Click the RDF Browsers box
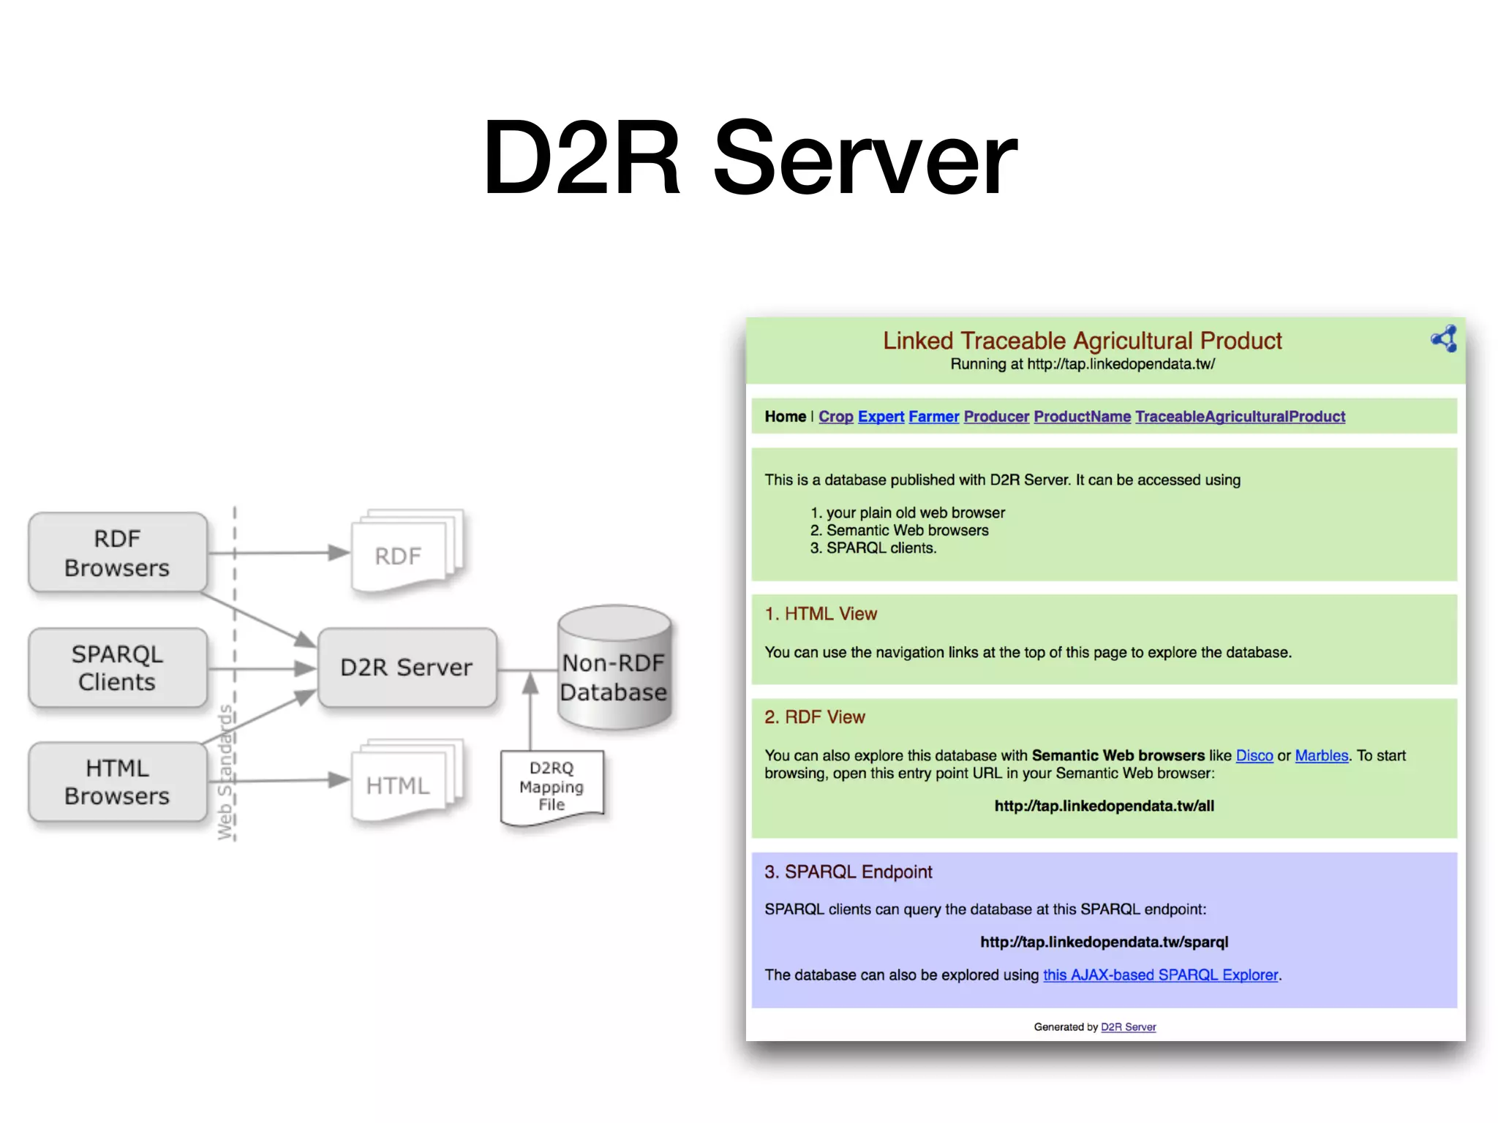(117, 553)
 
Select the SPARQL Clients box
(117, 668)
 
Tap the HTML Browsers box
(117, 782)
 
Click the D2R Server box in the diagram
(407, 668)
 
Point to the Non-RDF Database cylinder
(614, 669)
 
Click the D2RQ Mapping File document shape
(552, 787)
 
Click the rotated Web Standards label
(225, 771)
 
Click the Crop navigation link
(835, 417)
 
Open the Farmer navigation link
(933, 417)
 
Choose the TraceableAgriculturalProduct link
(1240, 417)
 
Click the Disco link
(1254, 755)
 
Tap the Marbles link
(1321, 755)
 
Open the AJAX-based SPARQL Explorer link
(1160, 975)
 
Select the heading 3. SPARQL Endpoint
(848, 871)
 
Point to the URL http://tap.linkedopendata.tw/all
(1104, 806)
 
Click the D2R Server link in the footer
(1128, 1027)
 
